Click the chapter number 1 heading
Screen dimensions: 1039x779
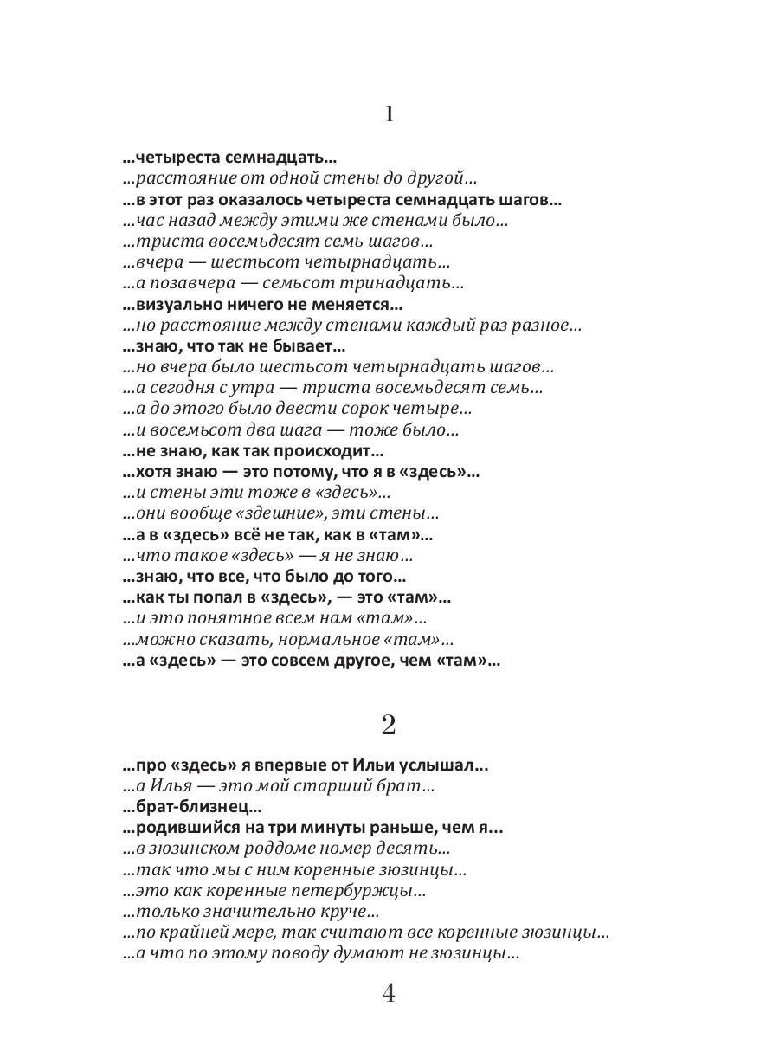(x=389, y=114)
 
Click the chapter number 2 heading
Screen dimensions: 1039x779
(x=389, y=725)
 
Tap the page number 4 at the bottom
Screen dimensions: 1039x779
(x=389, y=993)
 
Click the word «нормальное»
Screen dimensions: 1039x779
(x=299, y=640)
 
